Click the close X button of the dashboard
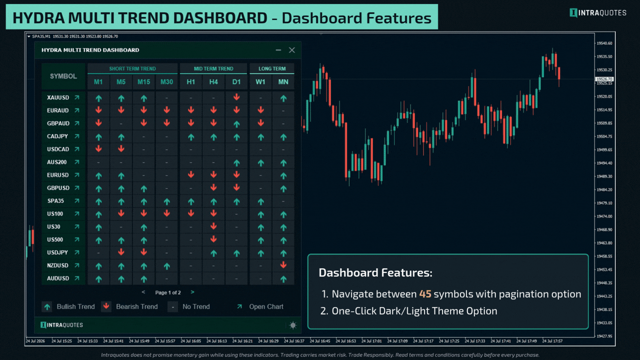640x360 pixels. (x=291, y=50)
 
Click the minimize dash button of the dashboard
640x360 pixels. (x=278, y=50)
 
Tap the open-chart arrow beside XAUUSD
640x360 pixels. (x=77, y=97)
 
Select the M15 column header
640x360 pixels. (x=143, y=82)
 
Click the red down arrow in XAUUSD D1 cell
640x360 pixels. (x=236, y=97)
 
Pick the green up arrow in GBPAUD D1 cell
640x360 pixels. (x=236, y=124)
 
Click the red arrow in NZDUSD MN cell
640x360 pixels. (x=283, y=265)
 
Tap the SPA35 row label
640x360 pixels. (x=55, y=201)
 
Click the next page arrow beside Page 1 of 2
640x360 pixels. (x=192, y=292)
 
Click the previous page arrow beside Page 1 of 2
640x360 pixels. (x=143, y=292)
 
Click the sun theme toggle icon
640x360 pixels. (x=293, y=325)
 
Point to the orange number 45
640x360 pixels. (x=425, y=294)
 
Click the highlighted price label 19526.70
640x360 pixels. (x=604, y=79)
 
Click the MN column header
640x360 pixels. (x=283, y=82)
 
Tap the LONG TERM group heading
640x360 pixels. (x=272, y=68)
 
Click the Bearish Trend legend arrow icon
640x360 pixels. (x=106, y=306)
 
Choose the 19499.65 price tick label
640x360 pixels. (x=604, y=149)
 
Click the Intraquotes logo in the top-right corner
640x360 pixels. (x=598, y=13)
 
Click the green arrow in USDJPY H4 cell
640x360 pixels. (x=213, y=253)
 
